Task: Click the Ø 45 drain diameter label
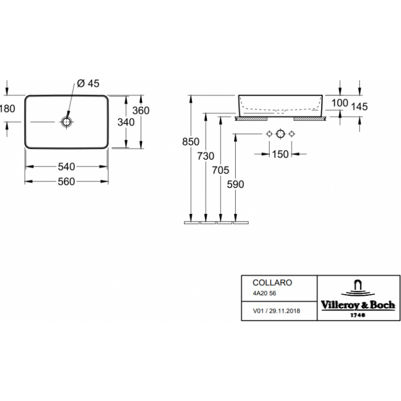[x=88, y=83]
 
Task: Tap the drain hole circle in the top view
[x=67, y=122]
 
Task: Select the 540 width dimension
[x=67, y=167]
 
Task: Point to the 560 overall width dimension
[x=67, y=181]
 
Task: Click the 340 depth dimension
[x=126, y=122]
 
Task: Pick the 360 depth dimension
[x=141, y=110]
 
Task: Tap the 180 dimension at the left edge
[x=8, y=109]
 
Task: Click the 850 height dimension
[x=190, y=142]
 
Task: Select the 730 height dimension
[x=206, y=156]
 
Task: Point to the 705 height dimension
[x=221, y=170]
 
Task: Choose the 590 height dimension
[x=236, y=184]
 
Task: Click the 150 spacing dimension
[x=280, y=154]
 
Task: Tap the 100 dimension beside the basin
[x=340, y=103]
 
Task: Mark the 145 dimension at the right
[x=359, y=107]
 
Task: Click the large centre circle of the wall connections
[x=280, y=134]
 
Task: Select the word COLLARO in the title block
[x=272, y=283]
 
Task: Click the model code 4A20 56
[x=265, y=293]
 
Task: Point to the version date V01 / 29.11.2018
[x=276, y=311]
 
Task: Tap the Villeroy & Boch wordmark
[x=358, y=305]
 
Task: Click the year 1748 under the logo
[x=358, y=315]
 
